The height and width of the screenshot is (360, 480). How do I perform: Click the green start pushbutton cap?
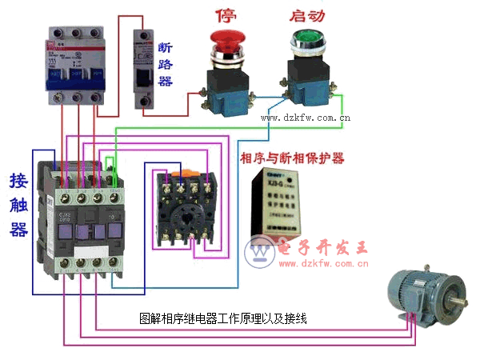306,38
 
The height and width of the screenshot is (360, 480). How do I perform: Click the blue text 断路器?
166,64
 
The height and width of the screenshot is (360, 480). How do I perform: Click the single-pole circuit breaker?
143,64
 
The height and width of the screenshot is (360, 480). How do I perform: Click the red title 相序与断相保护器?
292,158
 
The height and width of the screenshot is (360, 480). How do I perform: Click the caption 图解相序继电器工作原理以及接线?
223,318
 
